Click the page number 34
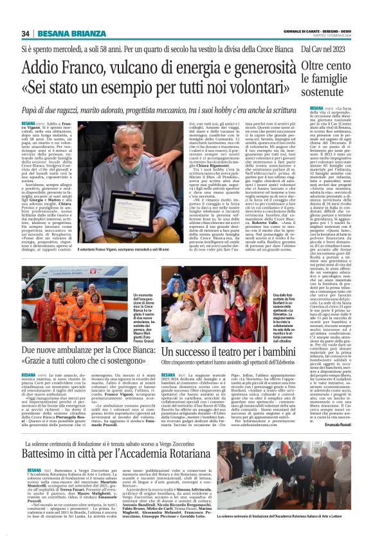pos(26,33)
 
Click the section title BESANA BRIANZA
pos(63,33)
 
